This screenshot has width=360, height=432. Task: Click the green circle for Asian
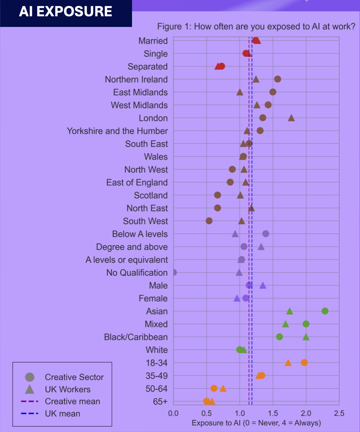coord(325,311)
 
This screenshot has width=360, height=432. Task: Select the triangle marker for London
coord(291,118)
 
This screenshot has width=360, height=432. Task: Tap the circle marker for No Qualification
coord(174,273)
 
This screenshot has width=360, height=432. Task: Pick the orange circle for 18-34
coord(304,363)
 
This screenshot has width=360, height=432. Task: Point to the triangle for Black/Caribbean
coord(306,337)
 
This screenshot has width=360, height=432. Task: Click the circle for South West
coord(209,221)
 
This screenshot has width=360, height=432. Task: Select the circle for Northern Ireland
coord(278,79)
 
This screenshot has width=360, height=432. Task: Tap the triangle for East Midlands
coord(240,92)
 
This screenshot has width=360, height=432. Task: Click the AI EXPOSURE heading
coord(66,12)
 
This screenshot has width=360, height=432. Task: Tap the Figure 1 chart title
coord(256,27)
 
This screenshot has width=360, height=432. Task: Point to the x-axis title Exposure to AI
coord(256,423)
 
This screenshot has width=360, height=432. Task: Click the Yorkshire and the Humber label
coord(117,131)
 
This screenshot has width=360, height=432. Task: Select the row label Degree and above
coord(132,247)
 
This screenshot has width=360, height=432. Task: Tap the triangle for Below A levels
coord(235,234)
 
